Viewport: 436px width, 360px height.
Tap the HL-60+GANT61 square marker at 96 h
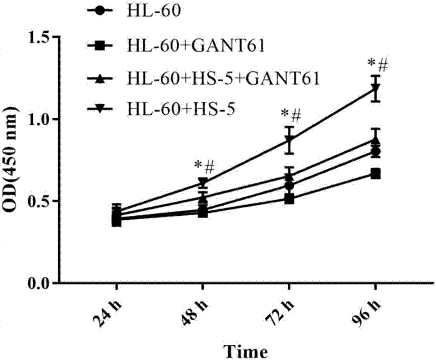click(375, 174)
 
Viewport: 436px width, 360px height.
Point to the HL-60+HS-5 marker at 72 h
click(289, 140)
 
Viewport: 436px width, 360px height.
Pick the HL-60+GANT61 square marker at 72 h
click(289, 199)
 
